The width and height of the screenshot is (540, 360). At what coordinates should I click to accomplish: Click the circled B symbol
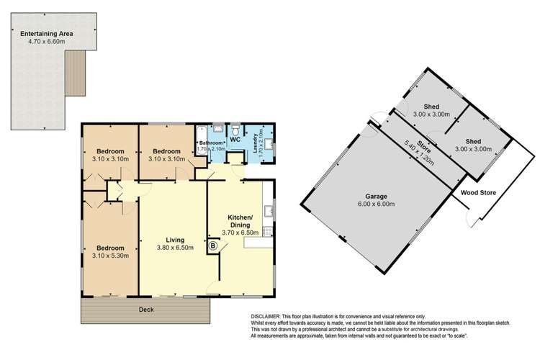(213, 246)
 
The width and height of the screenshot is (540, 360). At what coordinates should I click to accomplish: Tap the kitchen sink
(268, 211)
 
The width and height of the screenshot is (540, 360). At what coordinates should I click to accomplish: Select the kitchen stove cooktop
(268, 231)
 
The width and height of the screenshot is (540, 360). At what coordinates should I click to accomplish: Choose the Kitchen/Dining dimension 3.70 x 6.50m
(240, 233)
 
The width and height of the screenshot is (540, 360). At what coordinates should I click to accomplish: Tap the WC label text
(234, 139)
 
